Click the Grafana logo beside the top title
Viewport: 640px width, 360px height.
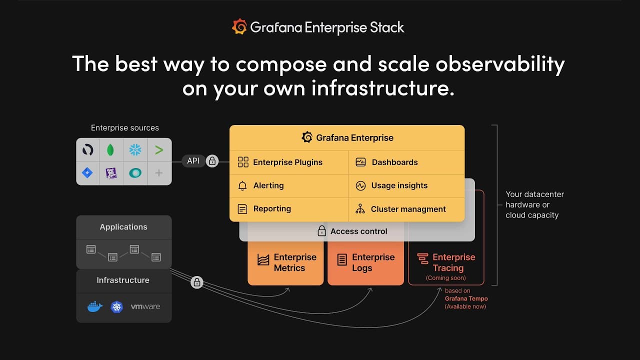(x=239, y=27)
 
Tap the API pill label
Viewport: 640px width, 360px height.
(x=193, y=161)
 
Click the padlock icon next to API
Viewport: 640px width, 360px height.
(x=212, y=161)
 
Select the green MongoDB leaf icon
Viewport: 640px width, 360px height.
(x=110, y=150)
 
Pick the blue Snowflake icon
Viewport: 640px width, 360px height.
(x=135, y=149)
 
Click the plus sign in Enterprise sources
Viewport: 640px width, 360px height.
(x=159, y=173)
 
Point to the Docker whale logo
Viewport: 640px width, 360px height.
(x=95, y=307)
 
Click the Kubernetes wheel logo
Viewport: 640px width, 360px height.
(x=116, y=307)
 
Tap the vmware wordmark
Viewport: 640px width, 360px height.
(x=145, y=306)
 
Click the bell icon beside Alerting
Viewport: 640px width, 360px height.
(x=242, y=185)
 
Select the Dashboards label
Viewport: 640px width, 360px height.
(x=394, y=162)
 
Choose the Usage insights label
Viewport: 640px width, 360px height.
(x=399, y=185)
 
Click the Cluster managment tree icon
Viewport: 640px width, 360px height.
(x=360, y=209)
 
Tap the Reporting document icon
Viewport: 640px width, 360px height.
(x=242, y=209)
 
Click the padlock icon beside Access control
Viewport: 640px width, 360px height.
(x=321, y=231)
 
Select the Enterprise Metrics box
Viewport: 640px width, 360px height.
(x=285, y=263)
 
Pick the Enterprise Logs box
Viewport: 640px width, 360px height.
(x=365, y=263)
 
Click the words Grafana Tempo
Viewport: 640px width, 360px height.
(x=466, y=298)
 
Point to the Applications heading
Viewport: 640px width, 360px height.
(x=123, y=227)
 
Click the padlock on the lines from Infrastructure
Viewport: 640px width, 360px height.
(x=197, y=282)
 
